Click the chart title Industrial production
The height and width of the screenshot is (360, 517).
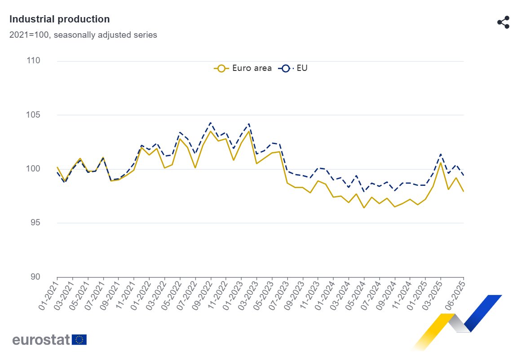[59, 19]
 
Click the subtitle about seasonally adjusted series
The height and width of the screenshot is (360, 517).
[83, 35]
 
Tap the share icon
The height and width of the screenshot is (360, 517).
[503, 22]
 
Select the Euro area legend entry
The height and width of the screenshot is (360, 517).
[243, 68]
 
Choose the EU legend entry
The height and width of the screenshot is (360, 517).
[294, 68]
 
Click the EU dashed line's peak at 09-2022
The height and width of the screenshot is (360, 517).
[211, 123]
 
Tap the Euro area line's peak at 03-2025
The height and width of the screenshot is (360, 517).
[441, 162]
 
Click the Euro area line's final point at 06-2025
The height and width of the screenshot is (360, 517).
[464, 192]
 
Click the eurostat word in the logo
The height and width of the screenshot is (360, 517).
[41, 339]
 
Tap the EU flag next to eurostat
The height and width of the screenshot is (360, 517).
[80, 339]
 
